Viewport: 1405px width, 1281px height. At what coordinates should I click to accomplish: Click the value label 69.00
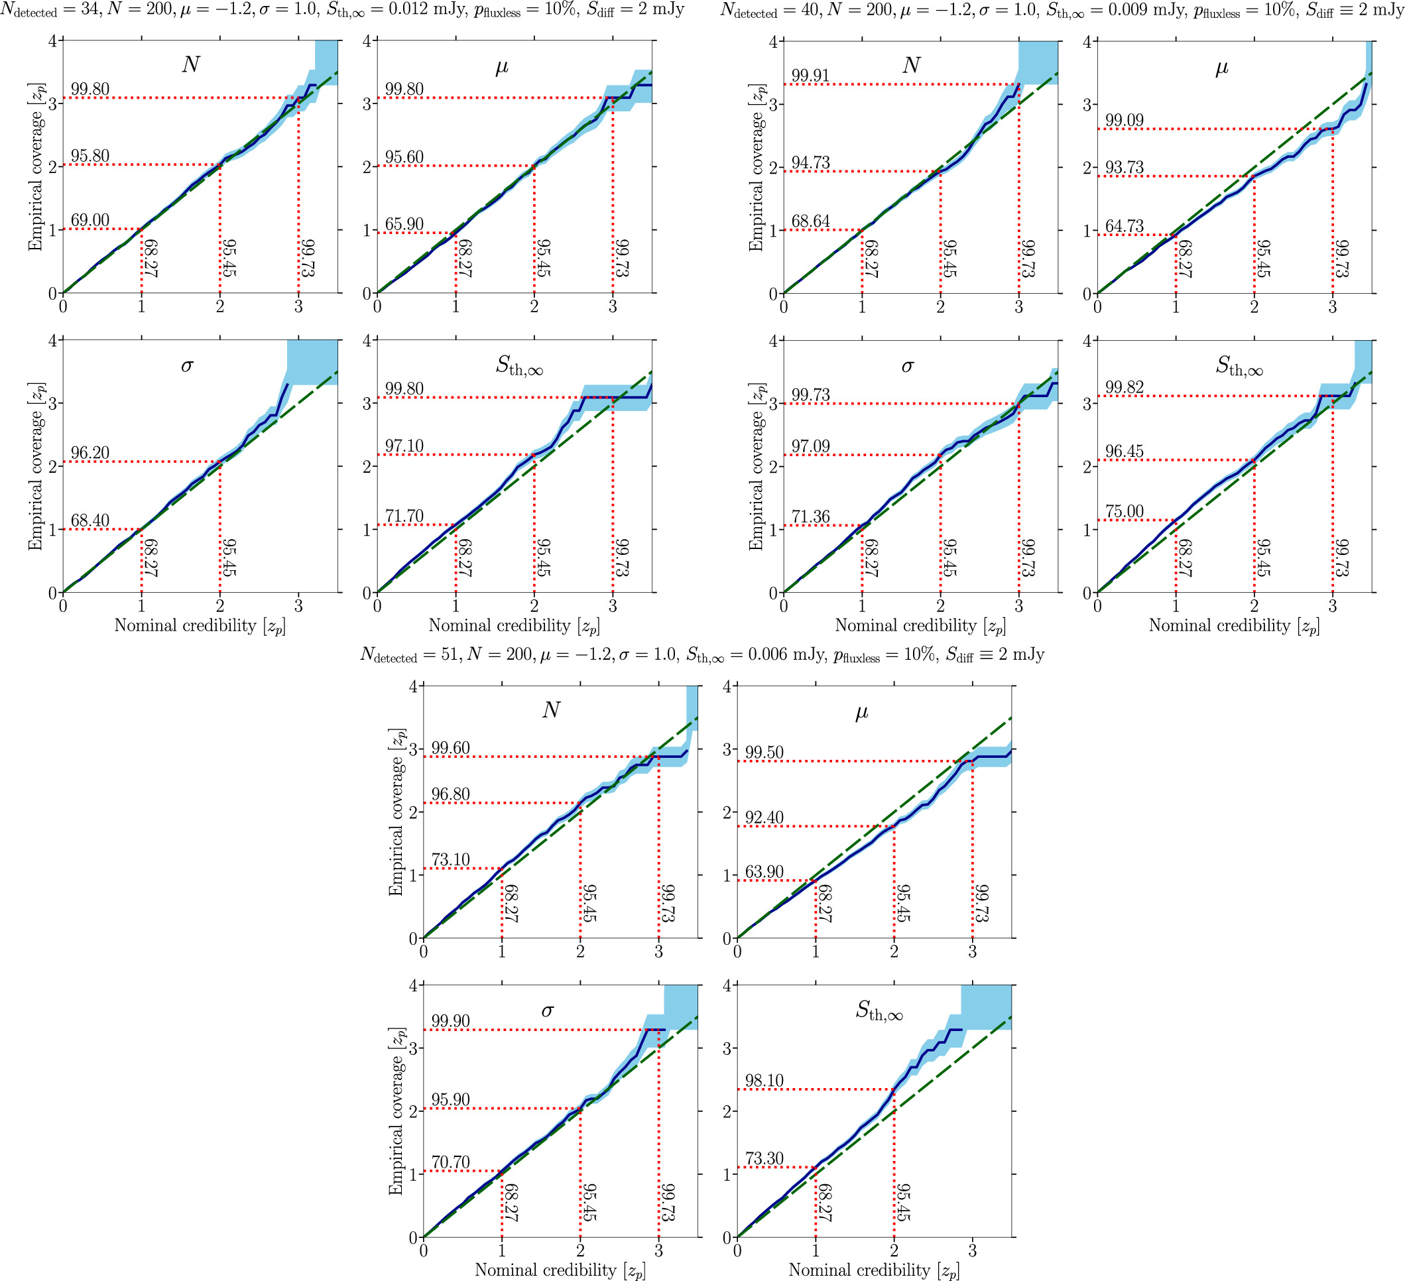tap(90, 220)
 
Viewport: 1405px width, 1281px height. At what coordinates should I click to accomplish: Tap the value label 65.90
tap(404, 223)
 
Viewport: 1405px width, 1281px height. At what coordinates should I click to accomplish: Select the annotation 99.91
tap(810, 76)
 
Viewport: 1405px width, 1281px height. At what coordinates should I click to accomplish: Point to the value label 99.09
tap(1124, 120)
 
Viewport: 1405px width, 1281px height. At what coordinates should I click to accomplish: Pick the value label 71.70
tap(404, 516)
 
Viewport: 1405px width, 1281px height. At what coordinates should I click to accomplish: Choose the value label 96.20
tap(90, 452)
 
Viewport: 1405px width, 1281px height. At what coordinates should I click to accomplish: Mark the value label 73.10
tap(450, 859)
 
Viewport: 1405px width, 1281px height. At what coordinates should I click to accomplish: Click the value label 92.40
tap(764, 817)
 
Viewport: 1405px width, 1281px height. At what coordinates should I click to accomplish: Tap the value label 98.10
tap(764, 1080)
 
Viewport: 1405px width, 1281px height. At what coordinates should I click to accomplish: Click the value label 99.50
tap(764, 752)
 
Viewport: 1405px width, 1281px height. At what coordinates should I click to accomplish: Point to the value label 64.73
tap(1124, 226)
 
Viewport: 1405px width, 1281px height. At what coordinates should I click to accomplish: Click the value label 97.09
tap(810, 446)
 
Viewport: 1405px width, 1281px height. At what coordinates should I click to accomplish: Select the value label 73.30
tap(764, 1158)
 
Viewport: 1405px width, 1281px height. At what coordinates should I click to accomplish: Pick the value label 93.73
tap(1124, 167)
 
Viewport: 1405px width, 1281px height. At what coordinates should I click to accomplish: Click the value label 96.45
tap(1124, 451)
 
